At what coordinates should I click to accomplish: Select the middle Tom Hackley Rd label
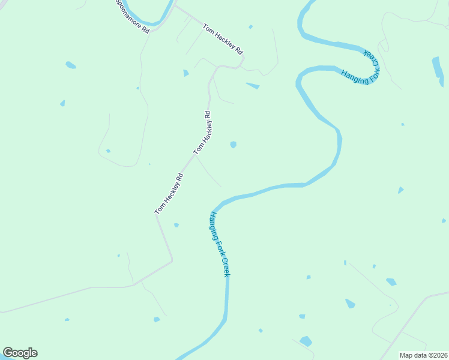point(203,133)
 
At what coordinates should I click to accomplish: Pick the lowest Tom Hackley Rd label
point(169,194)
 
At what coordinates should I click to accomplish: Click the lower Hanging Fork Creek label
point(219,244)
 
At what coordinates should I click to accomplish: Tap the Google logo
point(20,353)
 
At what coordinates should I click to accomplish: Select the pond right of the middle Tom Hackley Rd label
point(233,145)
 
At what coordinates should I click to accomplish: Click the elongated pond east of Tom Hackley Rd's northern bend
point(253,86)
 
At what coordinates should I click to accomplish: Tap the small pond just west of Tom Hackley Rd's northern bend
point(185,73)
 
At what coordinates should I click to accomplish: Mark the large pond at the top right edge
point(438,67)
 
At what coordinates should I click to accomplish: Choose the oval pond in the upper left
point(71,65)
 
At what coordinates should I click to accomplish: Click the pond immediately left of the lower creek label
point(176,225)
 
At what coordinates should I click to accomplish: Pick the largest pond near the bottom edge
point(306,341)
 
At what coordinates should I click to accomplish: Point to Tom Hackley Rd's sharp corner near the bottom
point(172,260)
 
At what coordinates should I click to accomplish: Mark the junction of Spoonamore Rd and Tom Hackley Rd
point(175,7)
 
